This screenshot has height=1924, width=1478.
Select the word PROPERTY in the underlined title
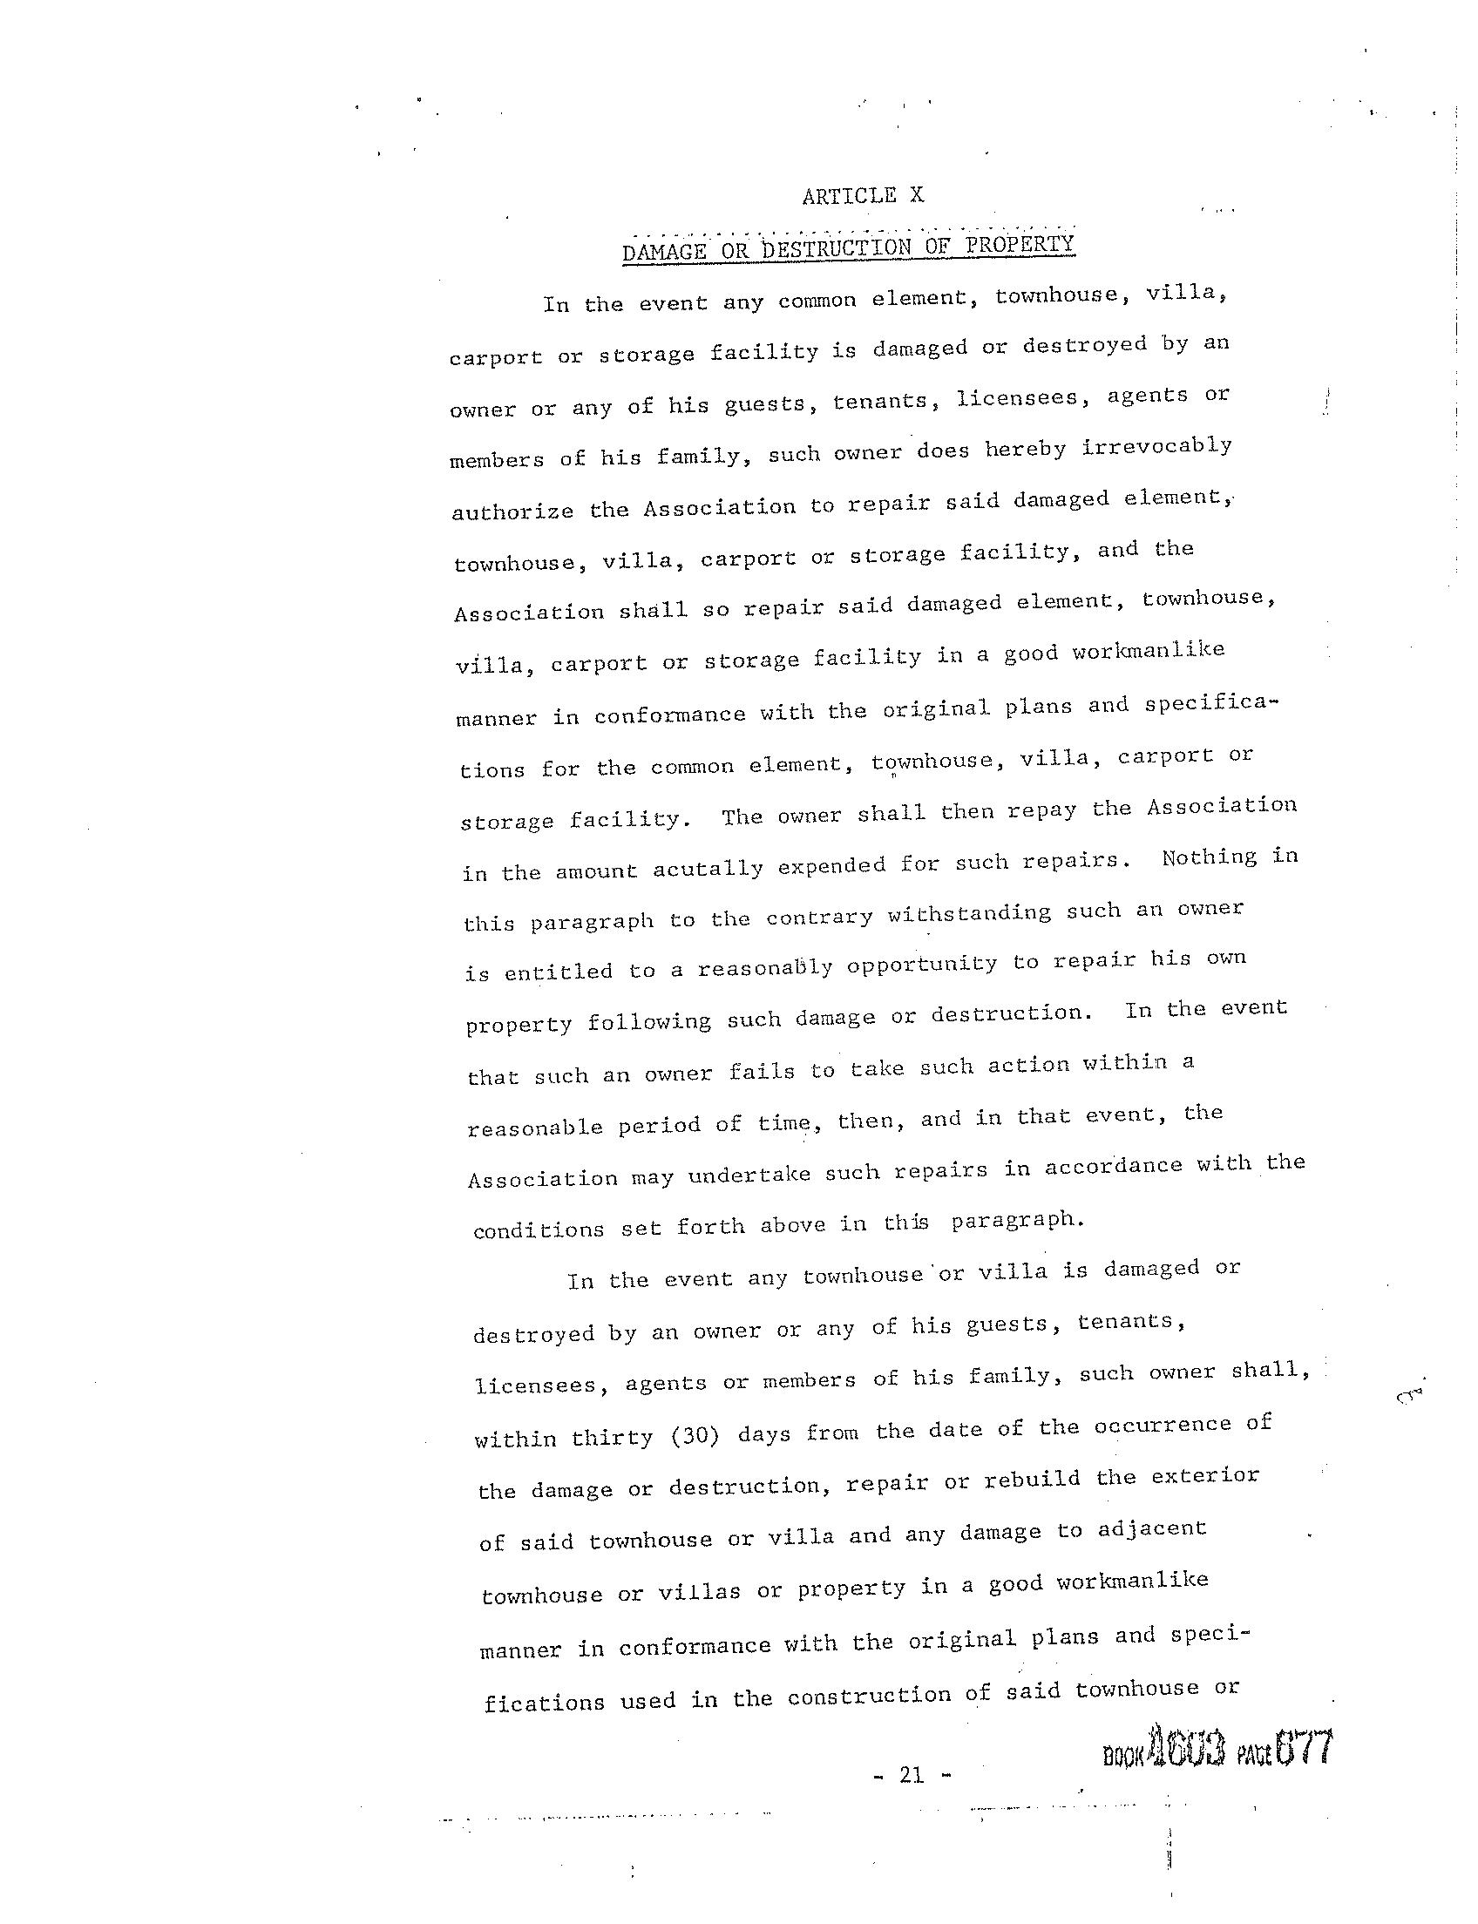pyautogui.click(x=1020, y=244)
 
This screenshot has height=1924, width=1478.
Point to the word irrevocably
pyautogui.click(x=1156, y=447)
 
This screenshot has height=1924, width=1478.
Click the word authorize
pyautogui.click(x=512, y=511)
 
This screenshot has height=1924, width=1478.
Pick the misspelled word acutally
pyautogui.click(x=708, y=869)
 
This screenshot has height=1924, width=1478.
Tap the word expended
pyautogui.click(x=831, y=865)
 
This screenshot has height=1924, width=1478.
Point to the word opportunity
pyautogui.click(x=922, y=965)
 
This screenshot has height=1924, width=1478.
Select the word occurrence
pyautogui.click(x=1163, y=1426)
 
